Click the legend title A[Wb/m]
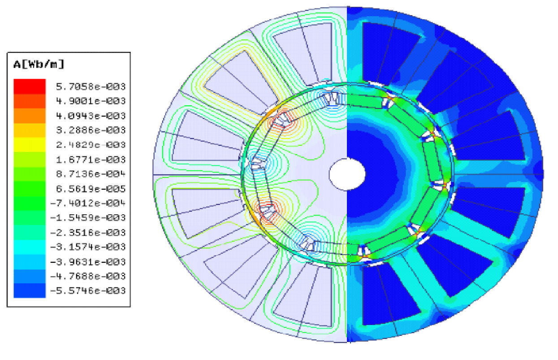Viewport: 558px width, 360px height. click(x=39, y=64)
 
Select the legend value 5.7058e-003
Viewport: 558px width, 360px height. click(x=91, y=87)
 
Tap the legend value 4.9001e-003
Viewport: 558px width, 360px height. click(x=91, y=101)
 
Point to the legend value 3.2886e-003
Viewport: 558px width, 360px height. click(x=91, y=130)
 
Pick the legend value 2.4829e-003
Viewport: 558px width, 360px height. click(x=91, y=145)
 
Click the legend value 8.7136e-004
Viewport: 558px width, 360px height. click(x=91, y=174)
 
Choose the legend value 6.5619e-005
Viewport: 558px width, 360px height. click(x=91, y=189)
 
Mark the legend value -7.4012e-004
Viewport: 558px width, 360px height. click(x=88, y=203)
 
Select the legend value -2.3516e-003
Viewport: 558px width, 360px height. click(x=88, y=233)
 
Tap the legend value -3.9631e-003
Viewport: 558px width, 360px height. click(x=88, y=262)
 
